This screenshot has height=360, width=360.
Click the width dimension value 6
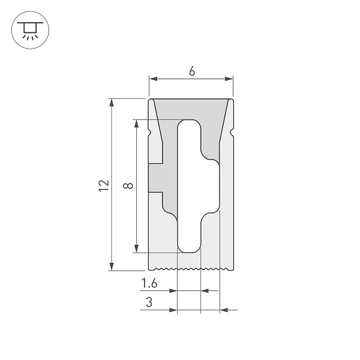[191, 71]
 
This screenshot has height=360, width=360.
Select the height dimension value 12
[103, 185]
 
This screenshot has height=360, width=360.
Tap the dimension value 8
[127, 187]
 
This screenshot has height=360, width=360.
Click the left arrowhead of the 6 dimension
[152, 79]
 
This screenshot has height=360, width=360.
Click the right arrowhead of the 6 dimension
[229, 79]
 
